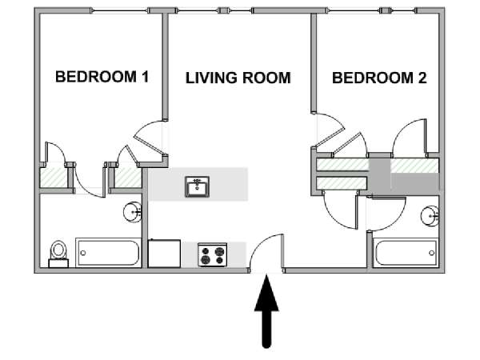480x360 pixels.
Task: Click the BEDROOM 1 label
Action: pos(102,77)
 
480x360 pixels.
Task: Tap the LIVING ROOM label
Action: pos(238,78)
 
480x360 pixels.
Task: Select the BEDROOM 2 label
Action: pos(379,78)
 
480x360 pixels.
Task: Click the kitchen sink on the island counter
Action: pos(198,186)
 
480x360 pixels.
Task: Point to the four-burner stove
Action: pos(213,254)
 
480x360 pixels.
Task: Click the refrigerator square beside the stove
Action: pos(164,254)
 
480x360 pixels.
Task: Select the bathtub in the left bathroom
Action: pos(108,253)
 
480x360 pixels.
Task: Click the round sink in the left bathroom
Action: pos(133,211)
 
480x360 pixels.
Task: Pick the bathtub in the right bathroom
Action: pos(406,253)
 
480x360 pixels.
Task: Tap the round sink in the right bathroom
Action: pos(430,216)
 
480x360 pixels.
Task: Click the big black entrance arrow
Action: pos(266,311)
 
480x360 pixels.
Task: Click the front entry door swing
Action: pos(266,253)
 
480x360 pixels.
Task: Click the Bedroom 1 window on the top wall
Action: pos(121,10)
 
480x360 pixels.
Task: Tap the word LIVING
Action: pos(210,78)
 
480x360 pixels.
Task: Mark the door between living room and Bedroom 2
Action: pos(329,130)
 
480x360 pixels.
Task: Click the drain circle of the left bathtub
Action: pos(83,253)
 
